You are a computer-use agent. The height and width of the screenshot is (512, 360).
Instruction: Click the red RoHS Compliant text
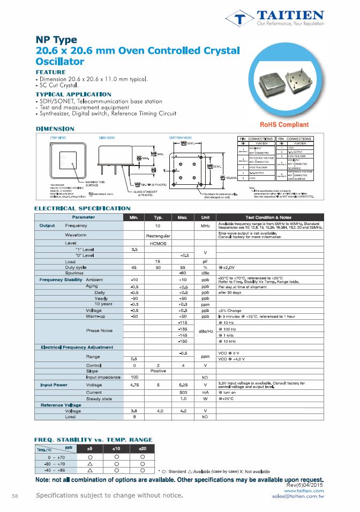pyautogui.click(x=284, y=125)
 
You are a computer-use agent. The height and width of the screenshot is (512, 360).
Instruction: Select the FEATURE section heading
pyautogui.click(x=50, y=72)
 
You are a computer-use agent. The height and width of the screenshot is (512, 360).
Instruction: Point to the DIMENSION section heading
pyautogui.click(x=55, y=129)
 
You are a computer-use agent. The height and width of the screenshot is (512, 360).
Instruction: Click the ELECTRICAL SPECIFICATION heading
pyautogui.click(x=82, y=208)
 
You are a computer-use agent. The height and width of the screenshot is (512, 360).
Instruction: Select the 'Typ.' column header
pyautogui.click(x=158, y=217)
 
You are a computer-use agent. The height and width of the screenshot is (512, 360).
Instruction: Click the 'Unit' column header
pyautogui.click(x=205, y=217)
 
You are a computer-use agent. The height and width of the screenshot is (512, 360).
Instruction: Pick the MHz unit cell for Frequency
pyautogui.click(x=205, y=226)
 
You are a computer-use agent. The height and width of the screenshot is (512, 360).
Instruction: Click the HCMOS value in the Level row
pyautogui.click(x=158, y=243)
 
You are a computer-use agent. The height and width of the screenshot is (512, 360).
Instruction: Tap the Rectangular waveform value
pyautogui.click(x=158, y=235)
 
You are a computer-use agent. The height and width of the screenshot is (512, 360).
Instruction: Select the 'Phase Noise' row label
pyautogui.click(x=99, y=330)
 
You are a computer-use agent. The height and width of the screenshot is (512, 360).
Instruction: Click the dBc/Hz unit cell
pyautogui.click(x=205, y=331)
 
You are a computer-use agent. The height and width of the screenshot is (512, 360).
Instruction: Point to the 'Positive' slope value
pyautogui.click(x=158, y=371)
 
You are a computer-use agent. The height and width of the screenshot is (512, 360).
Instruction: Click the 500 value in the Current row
pyautogui.click(x=183, y=392)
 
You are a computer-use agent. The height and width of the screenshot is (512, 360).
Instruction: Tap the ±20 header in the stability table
pyautogui.click(x=142, y=448)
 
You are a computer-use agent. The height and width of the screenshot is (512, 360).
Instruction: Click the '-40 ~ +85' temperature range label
pyautogui.click(x=56, y=470)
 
